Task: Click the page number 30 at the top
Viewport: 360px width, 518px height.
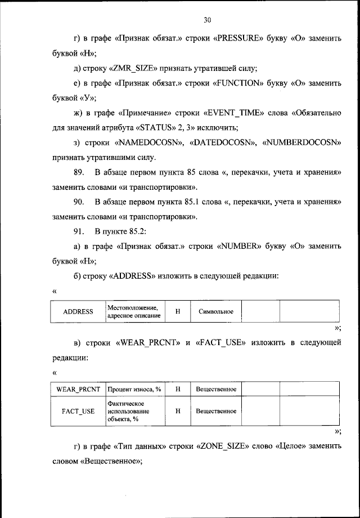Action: tap(206, 20)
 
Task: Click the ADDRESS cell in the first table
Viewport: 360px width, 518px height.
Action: tap(78, 311)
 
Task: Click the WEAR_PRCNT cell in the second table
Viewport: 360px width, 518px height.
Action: tap(78, 389)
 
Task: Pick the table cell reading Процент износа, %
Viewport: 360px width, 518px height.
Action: tap(134, 389)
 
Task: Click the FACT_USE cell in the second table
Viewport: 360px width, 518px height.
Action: tap(78, 411)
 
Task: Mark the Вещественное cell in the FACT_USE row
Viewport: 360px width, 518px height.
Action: tap(215, 411)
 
